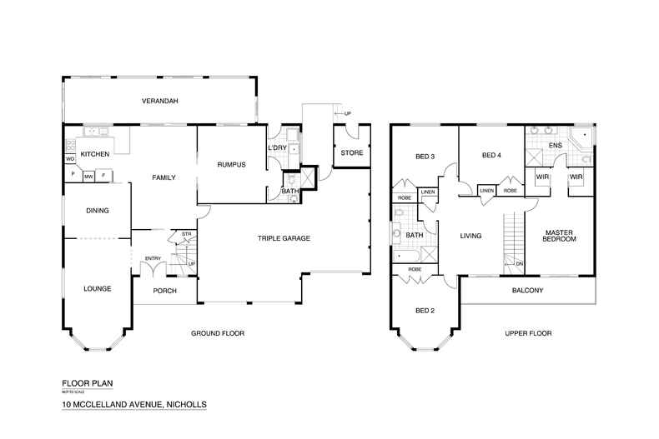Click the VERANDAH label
click(x=158, y=101)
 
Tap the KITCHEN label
click(x=95, y=155)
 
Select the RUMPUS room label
click(x=230, y=164)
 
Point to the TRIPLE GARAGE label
click(x=283, y=238)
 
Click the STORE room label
click(x=350, y=152)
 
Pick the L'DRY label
click(x=277, y=147)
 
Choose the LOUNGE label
click(x=97, y=288)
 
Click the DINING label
click(x=98, y=211)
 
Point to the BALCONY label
click(x=526, y=290)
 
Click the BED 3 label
click(x=426, y=156)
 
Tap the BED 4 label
click(x=491, y=156)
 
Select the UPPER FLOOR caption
click(x=528, y=333)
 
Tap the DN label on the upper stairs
click(x=519, y=265)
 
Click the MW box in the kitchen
click(x=88, y=176)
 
